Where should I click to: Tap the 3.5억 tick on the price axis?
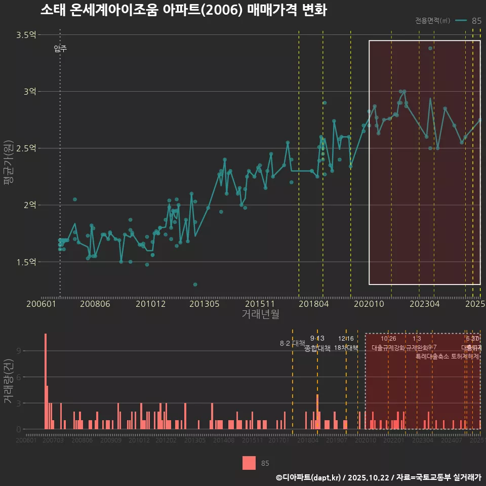point(26,35)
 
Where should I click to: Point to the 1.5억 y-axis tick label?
point(26,262)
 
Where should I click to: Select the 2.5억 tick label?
point(26,148)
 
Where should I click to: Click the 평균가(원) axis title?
point(8,165)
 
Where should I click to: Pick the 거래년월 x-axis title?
point(260,314)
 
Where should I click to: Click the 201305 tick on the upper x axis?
point(204,304)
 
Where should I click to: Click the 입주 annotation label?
point(60,49)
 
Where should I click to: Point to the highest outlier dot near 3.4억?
point(430,49)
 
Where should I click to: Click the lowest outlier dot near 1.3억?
point(195,285)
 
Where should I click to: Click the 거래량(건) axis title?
point(8,381)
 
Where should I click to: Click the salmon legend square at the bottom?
point(249,463)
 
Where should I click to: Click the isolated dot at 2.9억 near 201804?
point(325,103)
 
